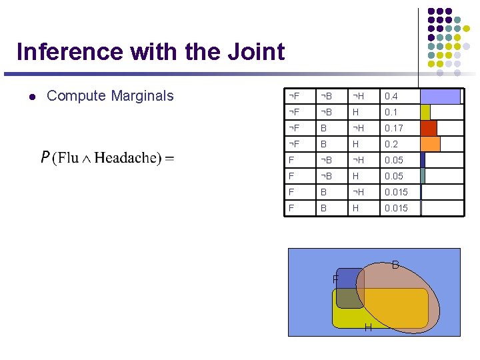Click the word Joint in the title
[x=253, y=52]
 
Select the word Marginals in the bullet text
[x=141, y=96]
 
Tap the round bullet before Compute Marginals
[x=31, y=97]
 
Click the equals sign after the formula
[x=169, y=159]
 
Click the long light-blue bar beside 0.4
[x=440, y=96]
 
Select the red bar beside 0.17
[x=429, y=128]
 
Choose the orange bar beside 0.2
[x=431, y=144]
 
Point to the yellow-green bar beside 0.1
[x=425, y=112]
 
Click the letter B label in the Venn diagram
[x=395, y=265]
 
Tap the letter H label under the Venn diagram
[x=368, y=327]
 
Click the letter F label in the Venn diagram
[x=336, y=279]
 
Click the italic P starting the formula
[x=45, y=158]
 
